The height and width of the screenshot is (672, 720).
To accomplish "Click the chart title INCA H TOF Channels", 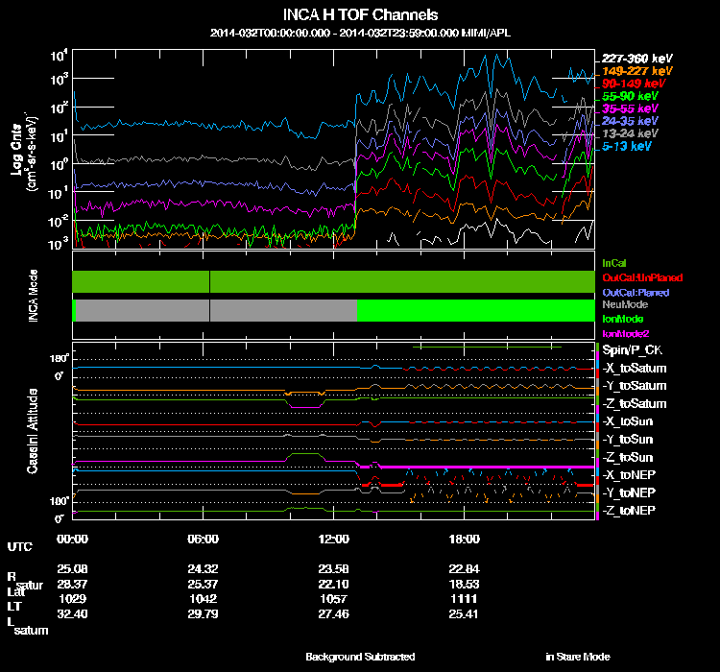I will (x=360, y=15).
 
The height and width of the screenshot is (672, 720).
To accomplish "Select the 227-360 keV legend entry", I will (x=631, y=59).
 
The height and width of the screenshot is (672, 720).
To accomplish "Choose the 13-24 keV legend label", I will (x=630, y=134).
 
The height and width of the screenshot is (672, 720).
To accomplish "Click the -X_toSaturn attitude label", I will (x=635, y=369).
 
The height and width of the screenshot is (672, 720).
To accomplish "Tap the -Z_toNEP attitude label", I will (x=630, y=509).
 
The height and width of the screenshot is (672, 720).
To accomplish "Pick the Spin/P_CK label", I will (x=630, y=350).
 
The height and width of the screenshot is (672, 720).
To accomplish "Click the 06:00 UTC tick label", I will (x=204, y=539).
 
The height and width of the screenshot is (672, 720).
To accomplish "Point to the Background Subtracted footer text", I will (x=360, y=657).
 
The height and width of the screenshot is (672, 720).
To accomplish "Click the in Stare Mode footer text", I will (x=577, y=657).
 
